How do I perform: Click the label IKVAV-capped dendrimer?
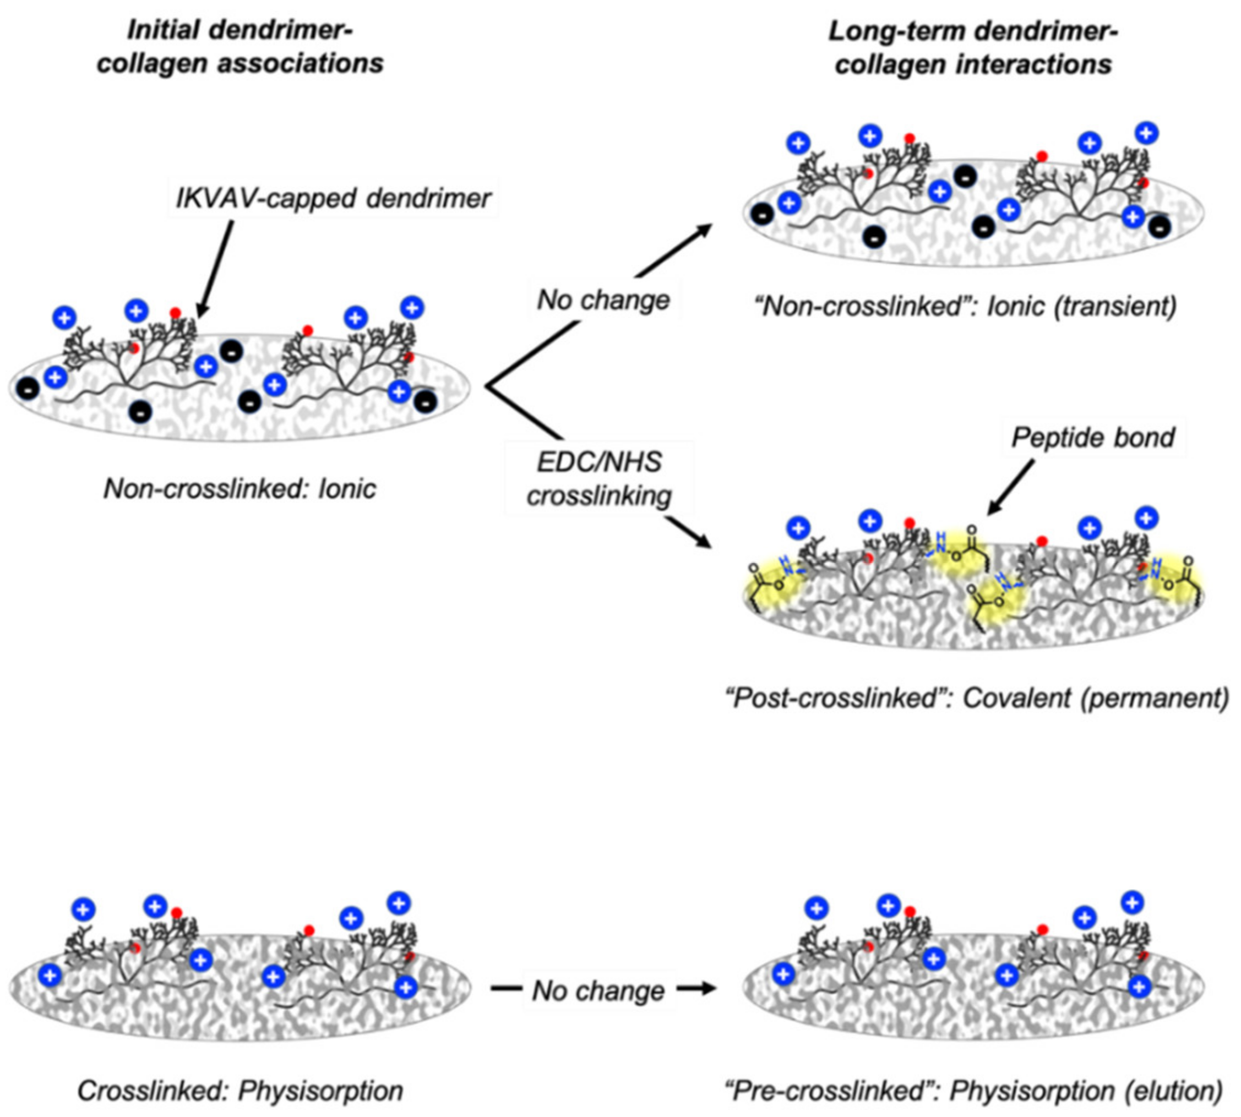click(x=333, y=198)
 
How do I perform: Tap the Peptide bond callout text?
click(x=1092, y=438)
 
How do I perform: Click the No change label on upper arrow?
click(x=604, y=300)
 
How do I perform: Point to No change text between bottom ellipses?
click(x=599, y=990)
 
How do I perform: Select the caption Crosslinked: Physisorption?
click(x=240, y=1091)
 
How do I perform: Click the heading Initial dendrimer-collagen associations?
click(x=240, y=47)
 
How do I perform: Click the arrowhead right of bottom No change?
click(x=706, y=989)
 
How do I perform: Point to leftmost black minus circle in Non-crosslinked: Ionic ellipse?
click(x=28, y=389)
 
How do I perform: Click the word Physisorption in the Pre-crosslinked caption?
click(x=1032, y=1091)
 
